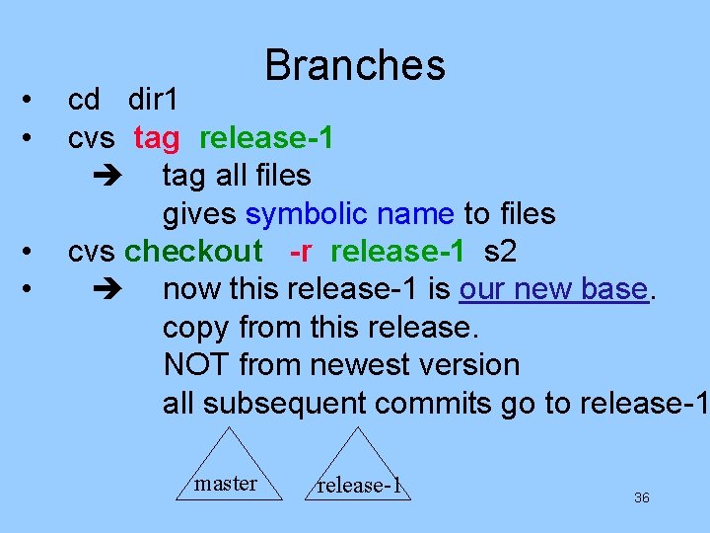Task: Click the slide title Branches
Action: (x=355, y=65)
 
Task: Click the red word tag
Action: (x=157, y=138)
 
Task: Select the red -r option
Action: (x=301, y=252)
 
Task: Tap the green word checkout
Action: (x=193, y=252)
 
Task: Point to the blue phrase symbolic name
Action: (x=349, y=213)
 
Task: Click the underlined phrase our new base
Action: (x=553, y=290)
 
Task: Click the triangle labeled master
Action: (x=228, y=470)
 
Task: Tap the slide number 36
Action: (x=641, y=498)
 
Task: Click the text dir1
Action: (x=153, y=100)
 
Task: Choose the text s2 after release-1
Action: (x=500, y=252)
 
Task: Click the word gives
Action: (x=200, y=213)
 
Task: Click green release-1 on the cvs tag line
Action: (x=265, y=138)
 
